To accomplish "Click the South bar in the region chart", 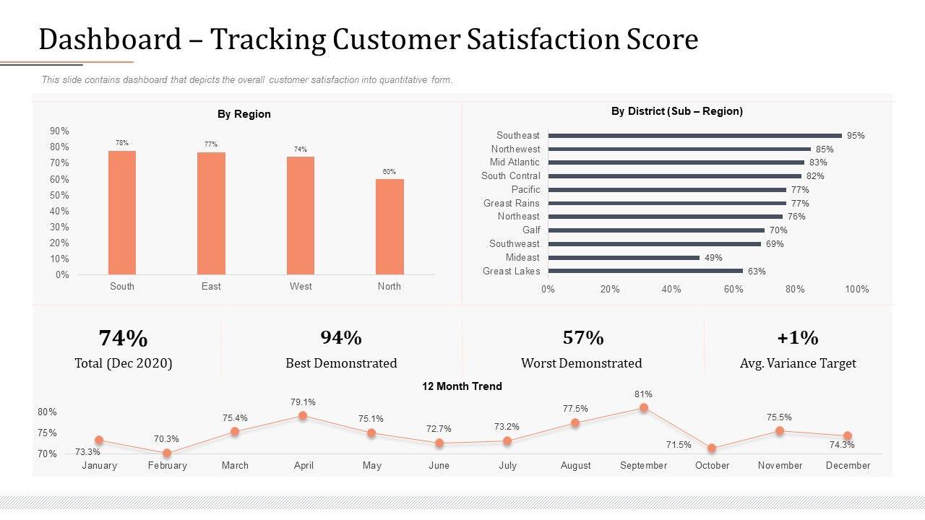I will [122, 212].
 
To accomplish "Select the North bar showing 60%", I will [390, 227].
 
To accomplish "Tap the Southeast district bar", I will [694, 136].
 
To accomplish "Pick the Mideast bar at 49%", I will [624, 258].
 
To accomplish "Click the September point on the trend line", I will [643, 408].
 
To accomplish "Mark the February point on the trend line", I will [167, 454].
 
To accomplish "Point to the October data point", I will [712, 448].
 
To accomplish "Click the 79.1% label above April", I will [302, 402].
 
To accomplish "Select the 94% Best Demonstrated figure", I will [341, 338].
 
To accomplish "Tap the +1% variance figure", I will [798, 338].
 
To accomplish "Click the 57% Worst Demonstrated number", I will [582, 338].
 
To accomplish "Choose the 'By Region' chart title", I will [244, 114].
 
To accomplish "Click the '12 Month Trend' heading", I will [462, 386].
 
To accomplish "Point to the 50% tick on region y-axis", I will [60, 195].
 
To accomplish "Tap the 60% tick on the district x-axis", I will [733, 290].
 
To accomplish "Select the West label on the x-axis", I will [301, 287].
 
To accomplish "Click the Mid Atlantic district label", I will [515, 162].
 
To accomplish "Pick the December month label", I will [848, 466].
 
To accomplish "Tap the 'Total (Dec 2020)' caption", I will [124, 363].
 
